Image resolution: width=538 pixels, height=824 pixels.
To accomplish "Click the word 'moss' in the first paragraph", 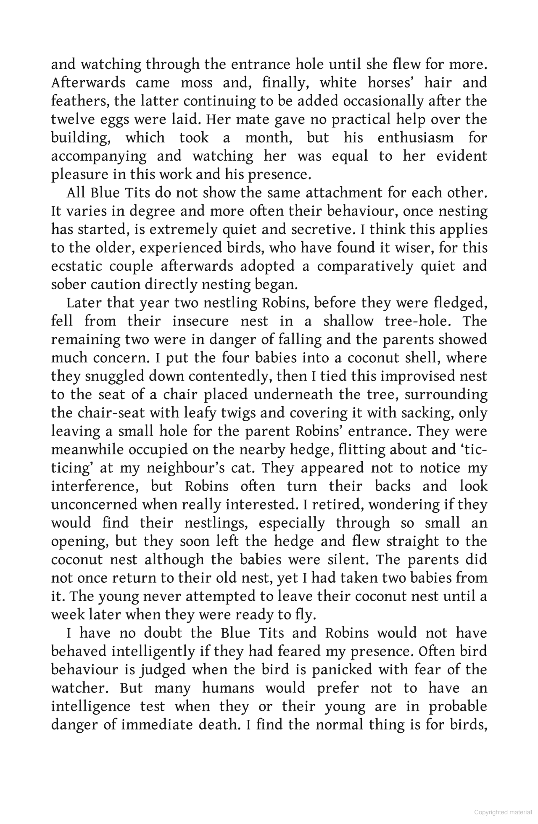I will (196, 83).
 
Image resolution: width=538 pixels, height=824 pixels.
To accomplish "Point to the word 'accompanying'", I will (99, 156).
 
